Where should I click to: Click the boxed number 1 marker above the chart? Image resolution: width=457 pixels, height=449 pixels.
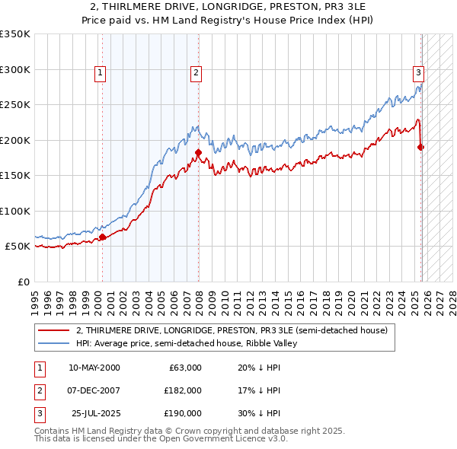[101, 73]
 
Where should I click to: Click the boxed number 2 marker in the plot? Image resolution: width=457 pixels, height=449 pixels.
[196, 73]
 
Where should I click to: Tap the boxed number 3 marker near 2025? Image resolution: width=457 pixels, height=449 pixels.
[418, 73]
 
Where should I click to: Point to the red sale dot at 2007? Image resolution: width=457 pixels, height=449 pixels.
[198, 153]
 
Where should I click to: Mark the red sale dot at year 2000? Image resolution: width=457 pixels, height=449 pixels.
[103, 237]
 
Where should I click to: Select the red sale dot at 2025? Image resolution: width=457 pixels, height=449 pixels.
[421, 147]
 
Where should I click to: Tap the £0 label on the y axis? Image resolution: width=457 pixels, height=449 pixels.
[23, 282]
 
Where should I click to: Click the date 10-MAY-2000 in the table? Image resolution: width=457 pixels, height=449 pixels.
[94, 368]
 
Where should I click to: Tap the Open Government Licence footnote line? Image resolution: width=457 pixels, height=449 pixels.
[161, 439]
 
